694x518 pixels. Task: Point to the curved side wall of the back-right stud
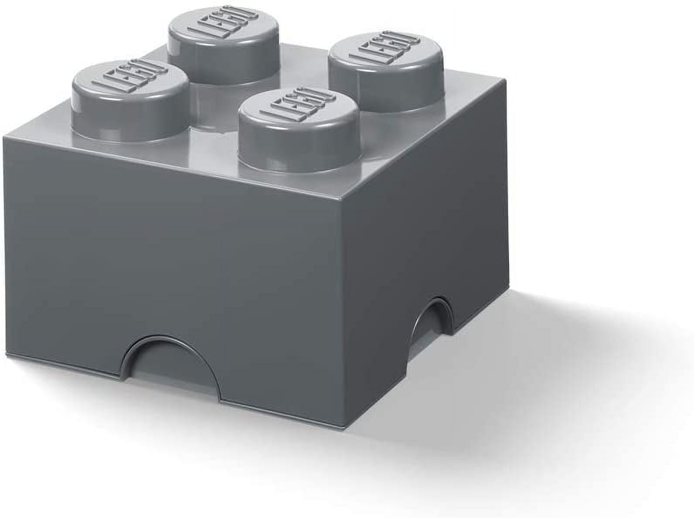point(392,92)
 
